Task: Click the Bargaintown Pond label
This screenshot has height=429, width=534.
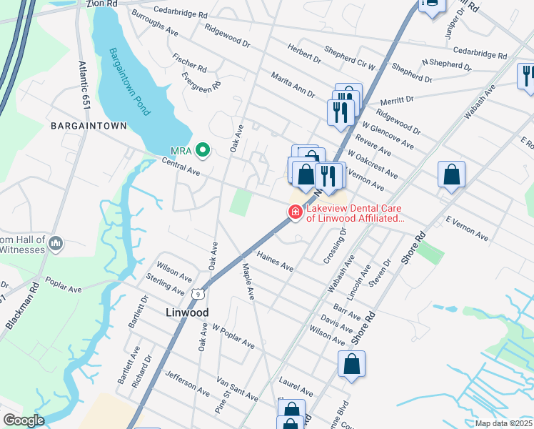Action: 129,82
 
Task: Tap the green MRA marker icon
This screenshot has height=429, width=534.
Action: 202,150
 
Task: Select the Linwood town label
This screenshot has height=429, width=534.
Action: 187,312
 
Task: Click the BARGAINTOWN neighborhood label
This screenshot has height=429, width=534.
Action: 89,126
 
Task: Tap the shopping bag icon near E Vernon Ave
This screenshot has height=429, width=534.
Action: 451,174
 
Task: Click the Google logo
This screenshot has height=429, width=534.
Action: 23,420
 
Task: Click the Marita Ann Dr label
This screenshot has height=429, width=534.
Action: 293,84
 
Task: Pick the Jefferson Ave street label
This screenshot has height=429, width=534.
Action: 187,383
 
